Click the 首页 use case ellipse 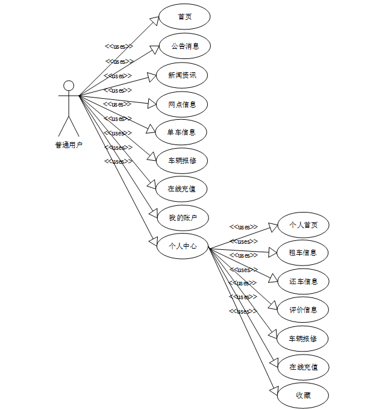click(184, 17)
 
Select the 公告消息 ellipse click(184, 46)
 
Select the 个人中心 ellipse click(183, 246)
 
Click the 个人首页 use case click(303, 225)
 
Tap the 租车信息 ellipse click(303, 253)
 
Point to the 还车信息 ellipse click(303, 281)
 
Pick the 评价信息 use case click(303, 309)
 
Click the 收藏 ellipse click(303, 396)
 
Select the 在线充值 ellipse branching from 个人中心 click(303, 367)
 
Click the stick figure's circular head click(69, 85)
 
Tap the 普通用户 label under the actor click(69, 144)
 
